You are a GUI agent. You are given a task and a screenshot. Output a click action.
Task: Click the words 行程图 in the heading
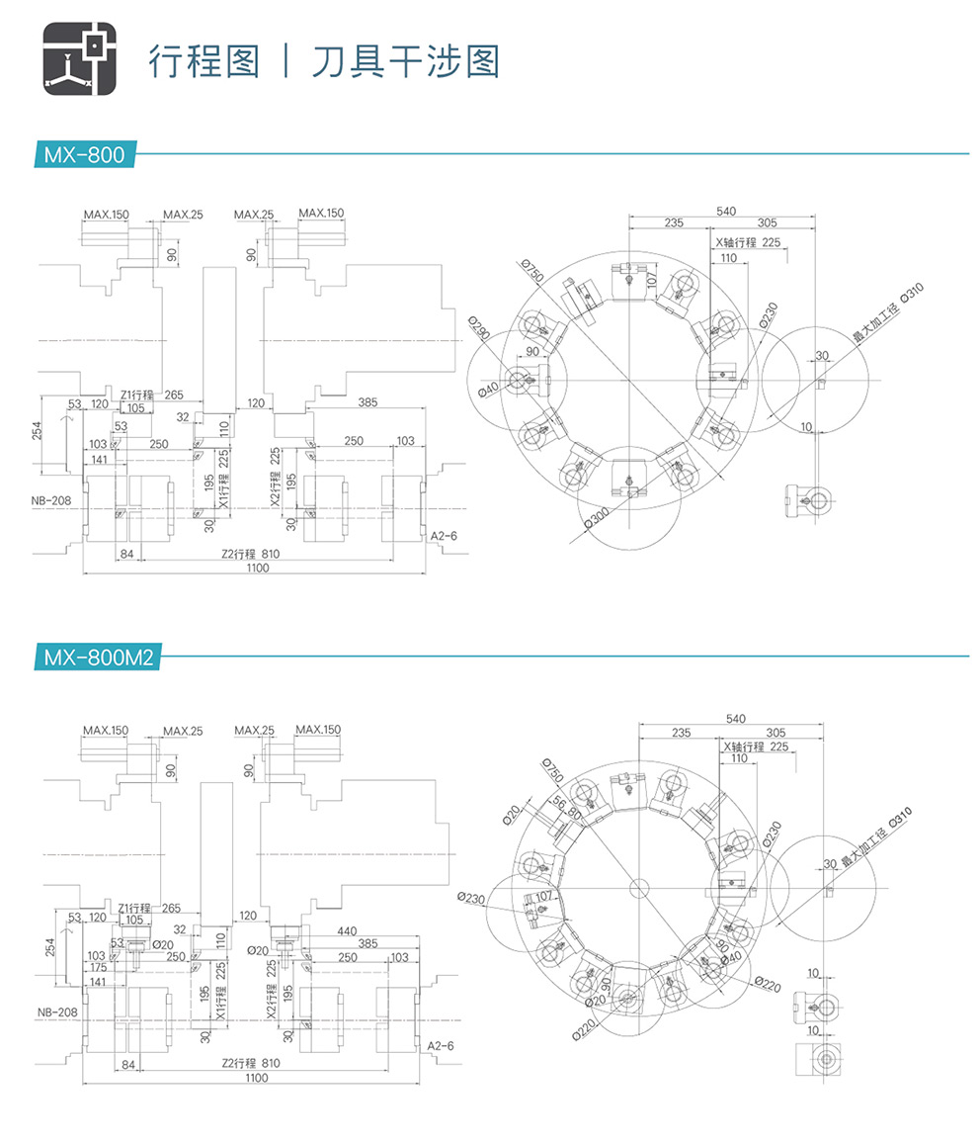[x=204, y=60]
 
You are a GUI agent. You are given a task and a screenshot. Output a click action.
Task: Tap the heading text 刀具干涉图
[x=405, y=60]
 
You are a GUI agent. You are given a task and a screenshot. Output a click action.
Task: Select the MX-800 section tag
[x=83, y=154]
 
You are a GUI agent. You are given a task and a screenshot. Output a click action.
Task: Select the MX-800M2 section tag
[x=97, y=657]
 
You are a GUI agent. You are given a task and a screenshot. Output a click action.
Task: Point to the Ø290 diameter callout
[x=480, y=331]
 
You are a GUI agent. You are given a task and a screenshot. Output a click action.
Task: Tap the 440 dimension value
[x=346, y=931]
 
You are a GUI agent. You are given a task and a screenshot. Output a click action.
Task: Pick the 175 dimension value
[x=97, y=968]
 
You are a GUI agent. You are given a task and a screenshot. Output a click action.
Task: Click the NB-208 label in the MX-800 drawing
[x=52, y=501]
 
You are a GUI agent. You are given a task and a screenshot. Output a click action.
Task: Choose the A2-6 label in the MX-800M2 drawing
[x=441, y=1045]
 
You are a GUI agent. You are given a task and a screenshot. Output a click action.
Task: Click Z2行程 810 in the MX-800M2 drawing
[x=251, y=1063]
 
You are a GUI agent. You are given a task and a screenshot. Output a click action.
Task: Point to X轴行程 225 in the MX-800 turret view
[x=748, y=242]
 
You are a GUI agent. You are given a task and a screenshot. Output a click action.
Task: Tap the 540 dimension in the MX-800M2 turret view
[x=735, y=717]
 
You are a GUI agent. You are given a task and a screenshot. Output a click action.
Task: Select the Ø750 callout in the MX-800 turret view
[x=532, y=270]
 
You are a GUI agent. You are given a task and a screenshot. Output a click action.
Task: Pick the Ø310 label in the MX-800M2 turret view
[x=899, y=817]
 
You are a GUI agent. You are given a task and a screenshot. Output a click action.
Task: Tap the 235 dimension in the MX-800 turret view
[x=674, y=222]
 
